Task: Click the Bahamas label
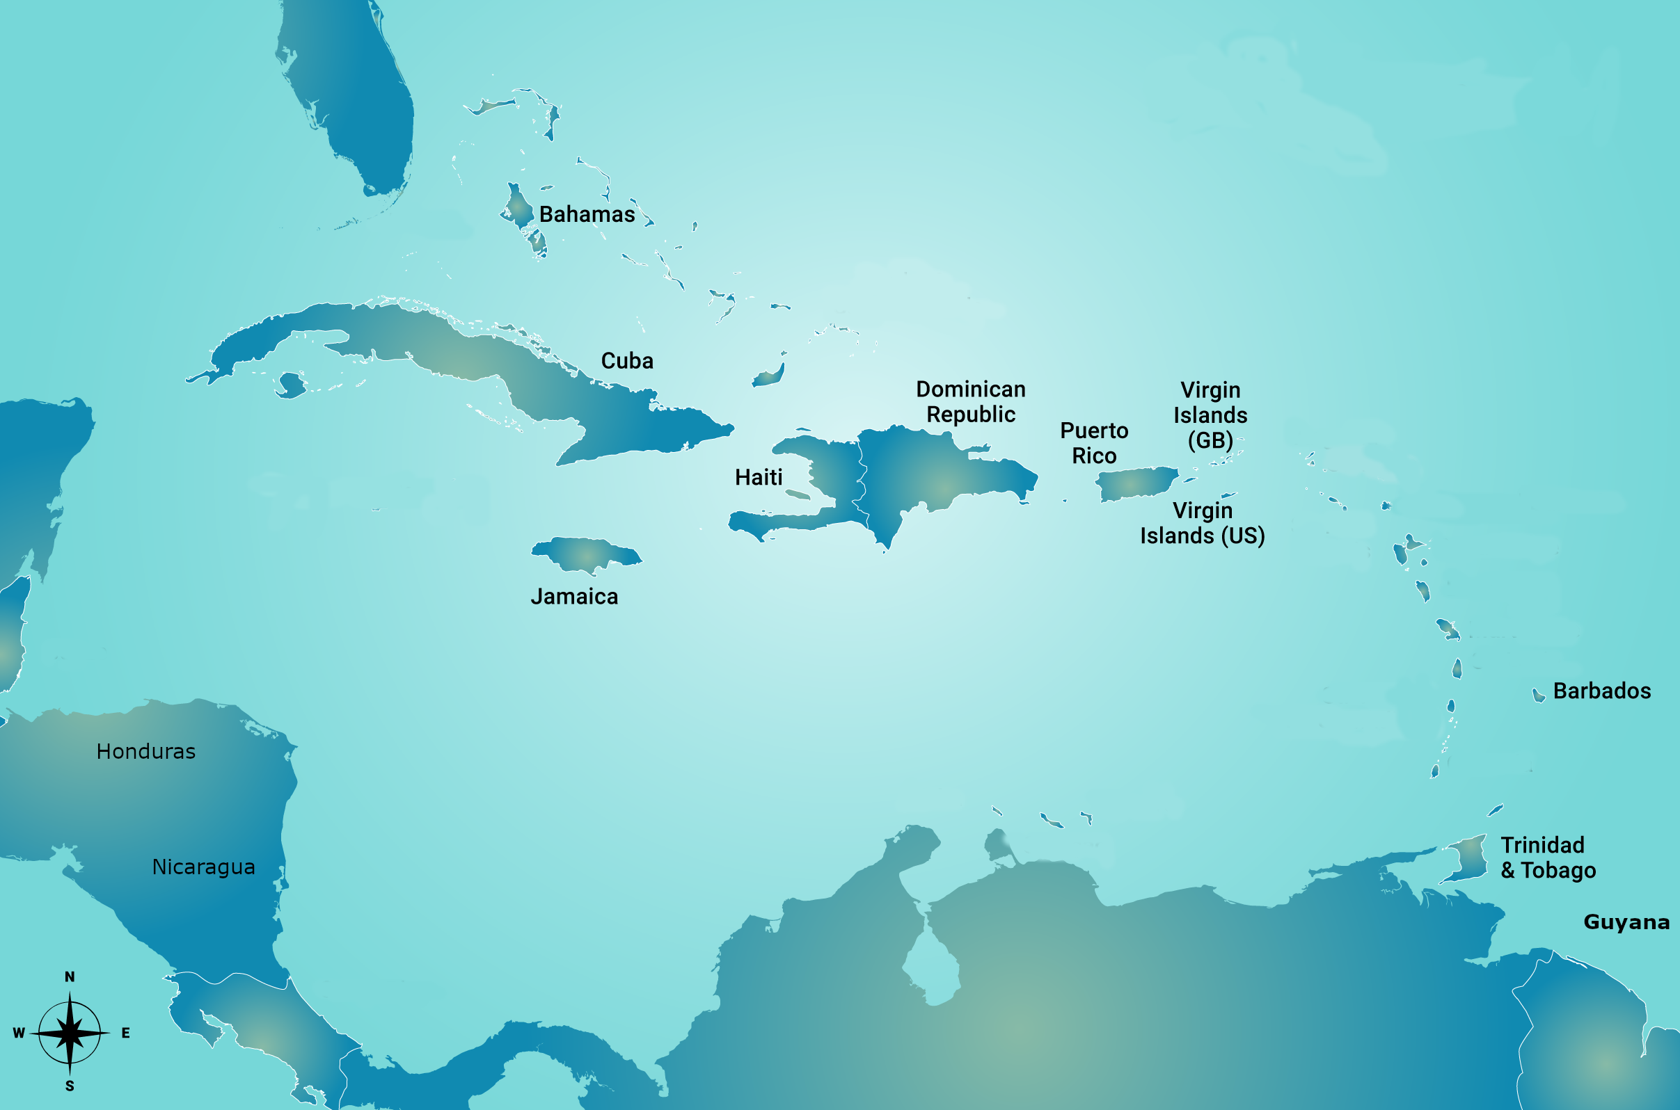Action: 587,214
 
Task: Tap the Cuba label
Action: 627,361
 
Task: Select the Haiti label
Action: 759,478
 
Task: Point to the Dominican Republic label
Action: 970,402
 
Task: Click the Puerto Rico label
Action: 1093,443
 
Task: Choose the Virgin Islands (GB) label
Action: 1210,415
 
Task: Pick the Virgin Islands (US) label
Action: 1202,523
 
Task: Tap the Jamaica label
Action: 574,597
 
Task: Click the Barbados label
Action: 1601,691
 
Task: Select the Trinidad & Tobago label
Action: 1548,858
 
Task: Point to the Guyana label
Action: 1626,922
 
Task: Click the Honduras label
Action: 146,752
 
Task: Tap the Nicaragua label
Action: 203,867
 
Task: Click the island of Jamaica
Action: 585,554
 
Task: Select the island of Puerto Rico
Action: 1134,483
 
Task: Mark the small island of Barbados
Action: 1538,696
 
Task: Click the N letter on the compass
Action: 70,977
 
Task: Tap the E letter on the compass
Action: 125,1033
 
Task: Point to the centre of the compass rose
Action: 70,1033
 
